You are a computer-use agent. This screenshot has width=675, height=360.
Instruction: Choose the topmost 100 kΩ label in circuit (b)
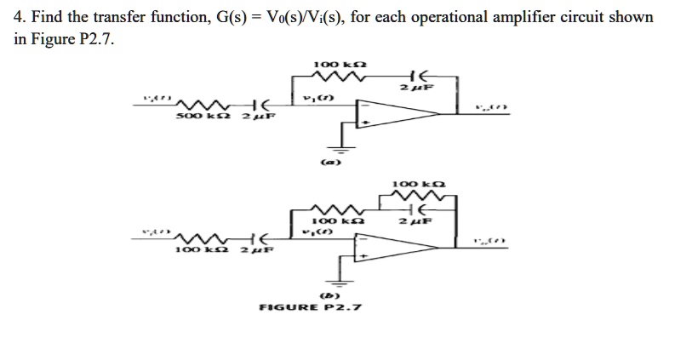pos(417,184)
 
